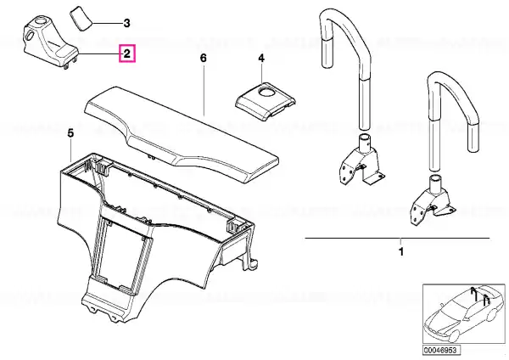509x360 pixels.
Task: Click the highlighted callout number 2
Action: [127, 53]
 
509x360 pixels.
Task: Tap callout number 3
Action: [127, 23]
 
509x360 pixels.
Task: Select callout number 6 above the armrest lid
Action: [204, 58]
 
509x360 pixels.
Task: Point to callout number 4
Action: [261, 58]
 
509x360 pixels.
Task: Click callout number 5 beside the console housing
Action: [70, 133]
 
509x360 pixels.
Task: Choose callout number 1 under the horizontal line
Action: [401, 251]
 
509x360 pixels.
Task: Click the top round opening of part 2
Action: [40, 22]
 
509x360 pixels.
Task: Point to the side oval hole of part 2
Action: [29, 35]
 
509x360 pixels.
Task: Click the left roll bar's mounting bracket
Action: [361, 162]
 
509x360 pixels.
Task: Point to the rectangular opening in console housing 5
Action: [125, 253]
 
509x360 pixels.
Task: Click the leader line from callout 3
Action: [106, 24]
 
